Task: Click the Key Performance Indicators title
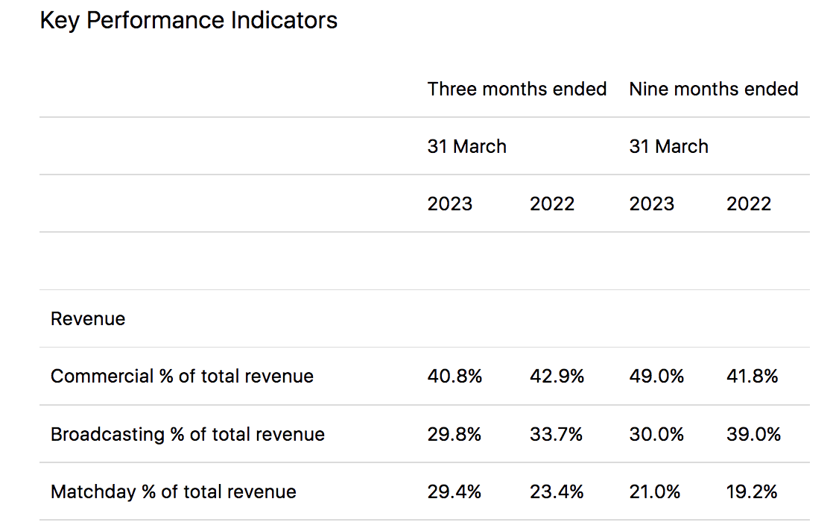[189, 20]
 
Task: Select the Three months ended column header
[516, 89]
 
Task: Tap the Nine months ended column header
[713, 89]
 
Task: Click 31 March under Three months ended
[466, 147]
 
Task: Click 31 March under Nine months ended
[668, 147]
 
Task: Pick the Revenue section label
[88, 319]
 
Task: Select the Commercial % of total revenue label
[182, 377]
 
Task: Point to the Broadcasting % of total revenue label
[187, 434]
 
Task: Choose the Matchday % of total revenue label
[173, 492]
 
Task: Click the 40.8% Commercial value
[454, 377]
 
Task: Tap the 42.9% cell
[557, 377]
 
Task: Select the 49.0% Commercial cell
[656, 377]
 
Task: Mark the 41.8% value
[752, 377]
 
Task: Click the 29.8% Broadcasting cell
[454, 434]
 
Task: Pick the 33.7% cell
[556, 434]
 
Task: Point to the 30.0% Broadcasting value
[656, 434]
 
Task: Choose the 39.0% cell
[753, 434]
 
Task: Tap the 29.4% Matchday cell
[454, 492]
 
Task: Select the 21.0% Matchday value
[655, 492]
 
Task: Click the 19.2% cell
[752, 492]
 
